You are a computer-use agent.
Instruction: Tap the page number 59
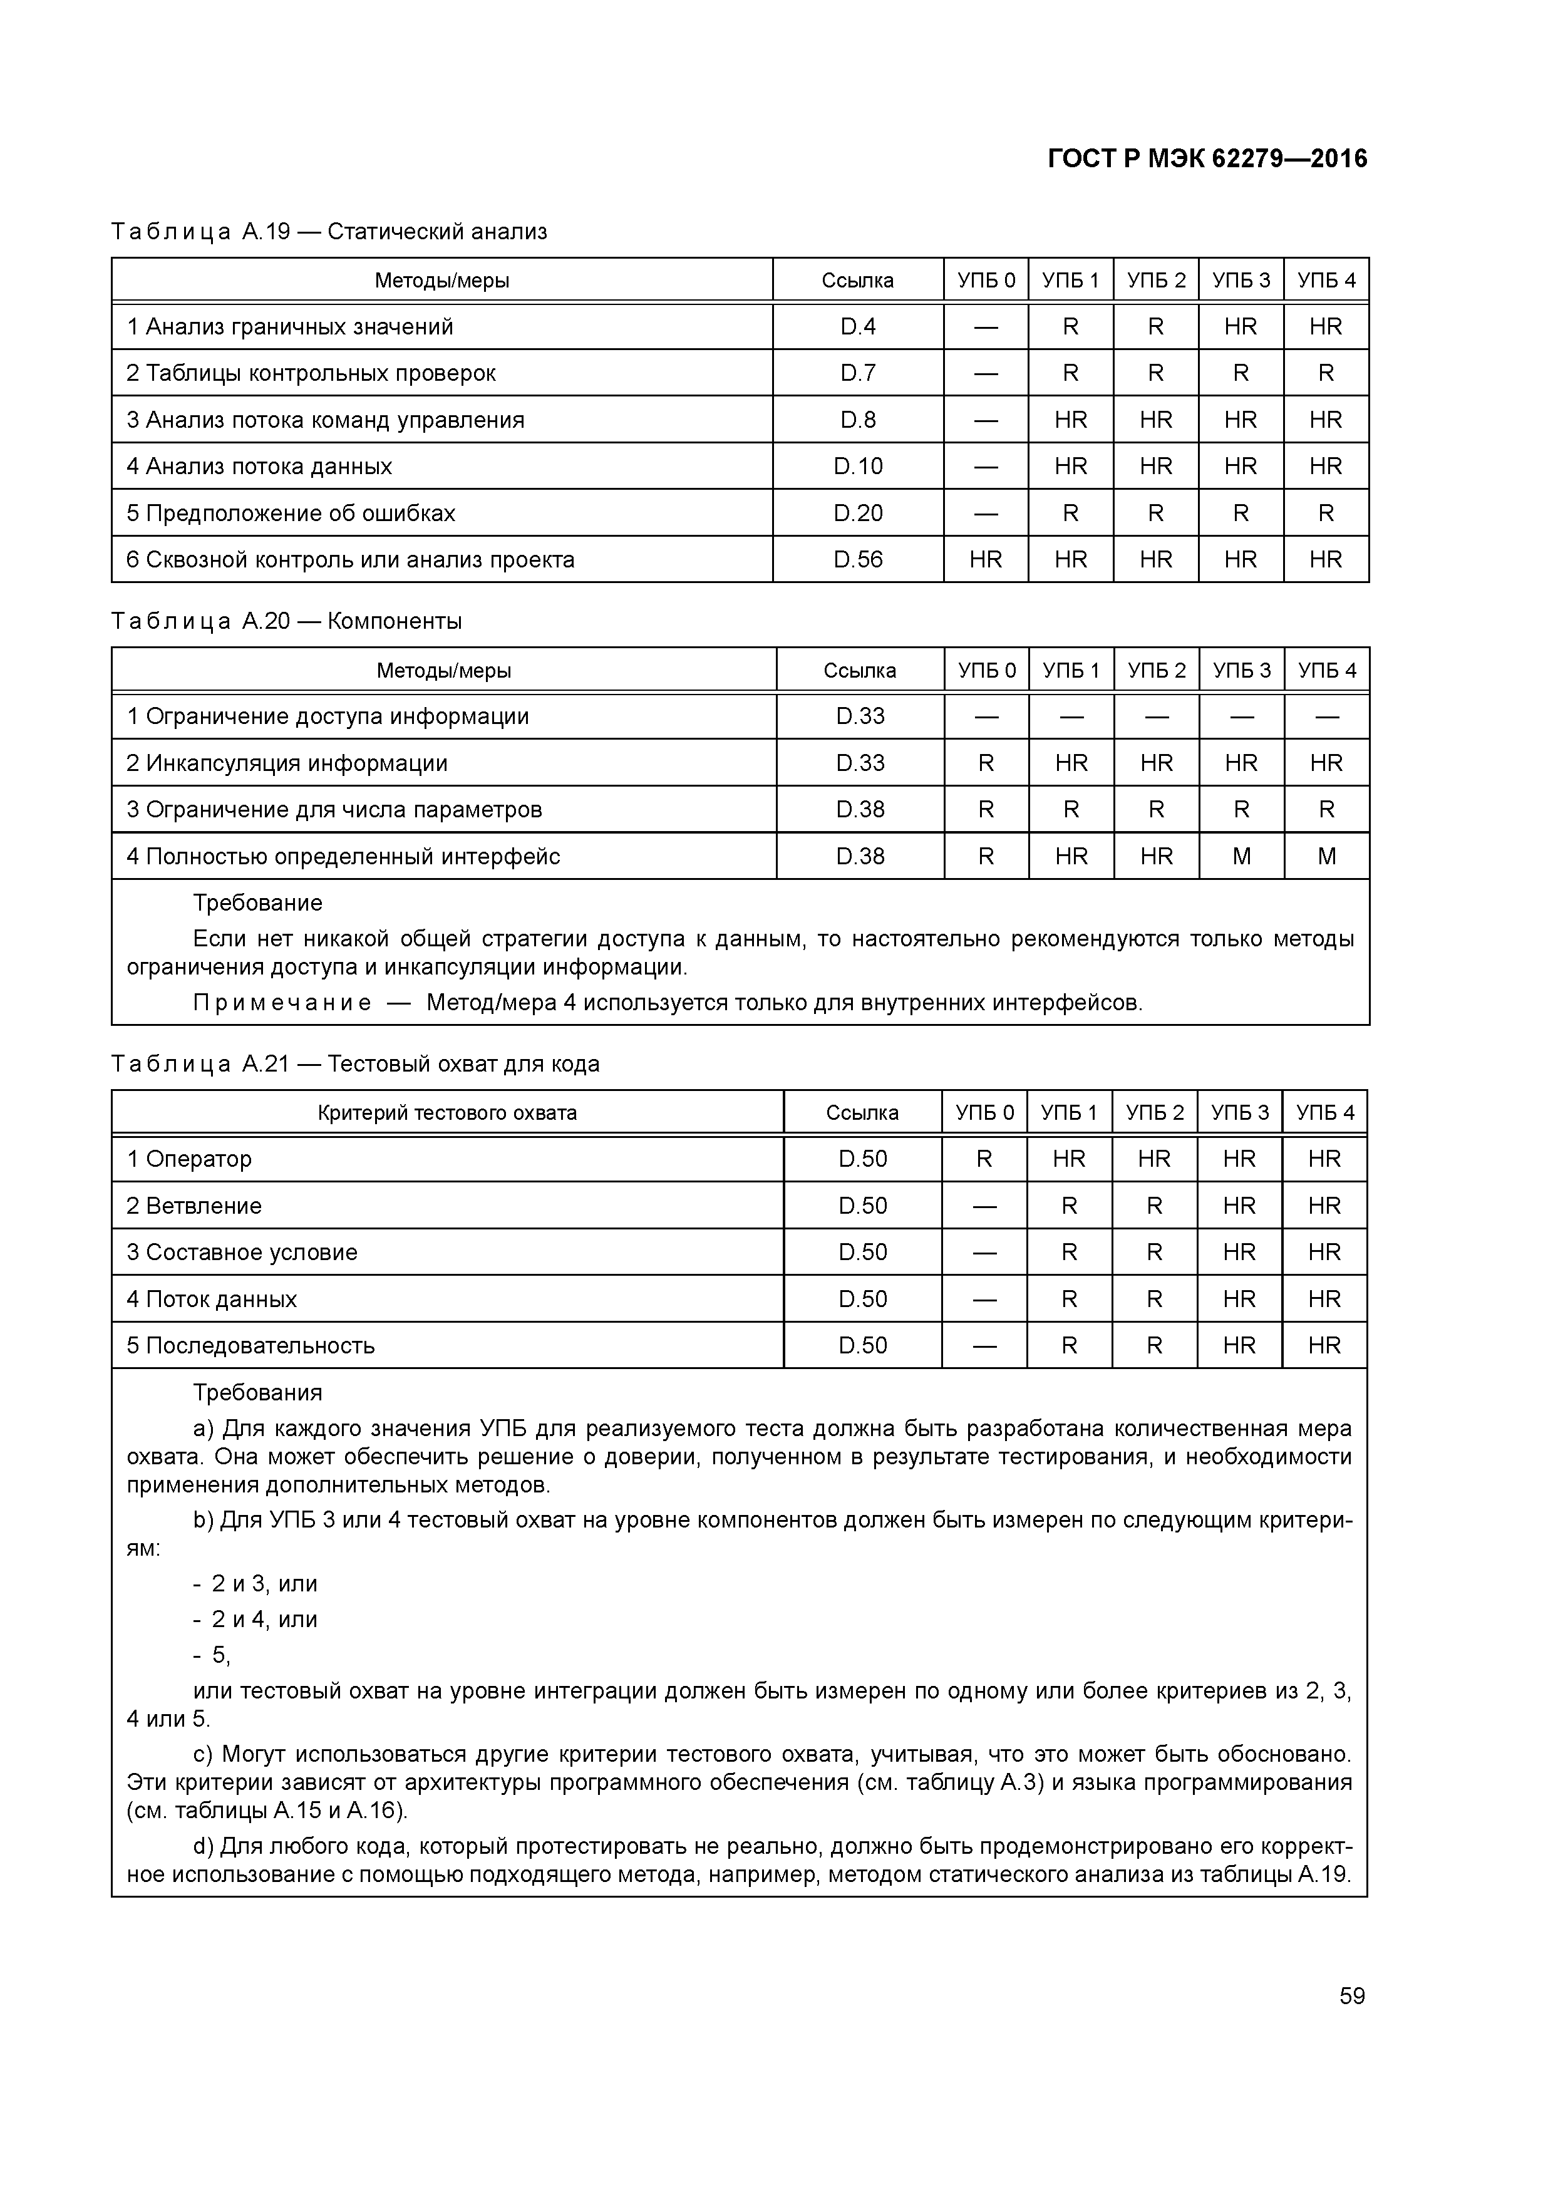[1351, 1996]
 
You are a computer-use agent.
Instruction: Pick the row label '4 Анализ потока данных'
[259, 467]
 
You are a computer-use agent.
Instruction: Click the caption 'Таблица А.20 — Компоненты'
[286, 622]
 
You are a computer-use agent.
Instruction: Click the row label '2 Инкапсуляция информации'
[287, 763]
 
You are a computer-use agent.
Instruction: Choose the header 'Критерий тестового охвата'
[447, 1113]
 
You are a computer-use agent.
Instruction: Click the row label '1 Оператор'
[190, 1160]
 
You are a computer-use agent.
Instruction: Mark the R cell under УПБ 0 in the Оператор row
[984, 1160]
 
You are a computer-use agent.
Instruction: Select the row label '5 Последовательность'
[250, 1347]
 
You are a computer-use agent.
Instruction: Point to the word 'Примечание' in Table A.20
[282, 1003]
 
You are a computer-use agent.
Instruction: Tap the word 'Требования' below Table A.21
[257, 1393]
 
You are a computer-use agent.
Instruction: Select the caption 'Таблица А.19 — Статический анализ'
[329, 232]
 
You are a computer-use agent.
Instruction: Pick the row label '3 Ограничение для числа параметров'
[335, 810]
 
